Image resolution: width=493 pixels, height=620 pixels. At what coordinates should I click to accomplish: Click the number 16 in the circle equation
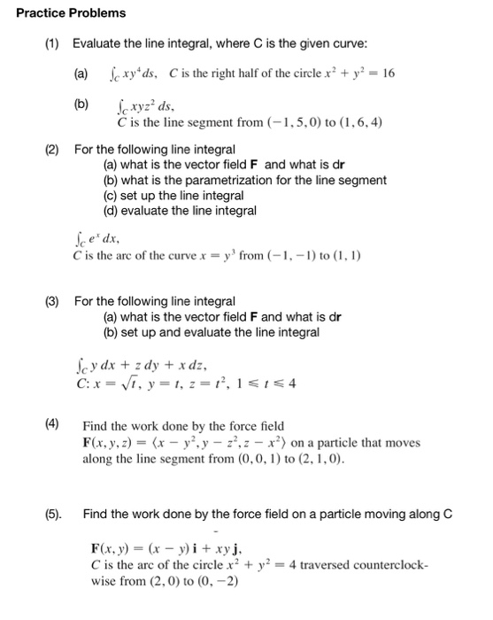tap(387, 73)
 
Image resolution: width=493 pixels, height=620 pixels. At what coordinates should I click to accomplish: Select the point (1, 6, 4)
tap(353, 122)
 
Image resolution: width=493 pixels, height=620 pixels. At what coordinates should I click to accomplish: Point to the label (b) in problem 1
tap(81, 104)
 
